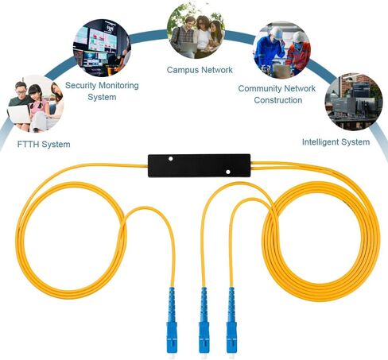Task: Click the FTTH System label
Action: point(44,145)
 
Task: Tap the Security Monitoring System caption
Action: point(102,91)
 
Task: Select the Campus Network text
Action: point(200,70)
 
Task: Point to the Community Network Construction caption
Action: point(277,94)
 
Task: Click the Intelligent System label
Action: point(336,142)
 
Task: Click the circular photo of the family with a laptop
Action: point(35,104)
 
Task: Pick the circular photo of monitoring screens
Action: point(102,48)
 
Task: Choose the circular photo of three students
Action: point(196,29)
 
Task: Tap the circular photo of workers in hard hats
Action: point(281,50)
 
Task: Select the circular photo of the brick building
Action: point(354,102)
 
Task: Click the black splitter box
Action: point(199,165)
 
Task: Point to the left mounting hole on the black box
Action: point(171,159)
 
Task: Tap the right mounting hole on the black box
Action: point(228,172)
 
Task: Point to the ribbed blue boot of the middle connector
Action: point(204,304)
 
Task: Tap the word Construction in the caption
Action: point(278,100)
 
